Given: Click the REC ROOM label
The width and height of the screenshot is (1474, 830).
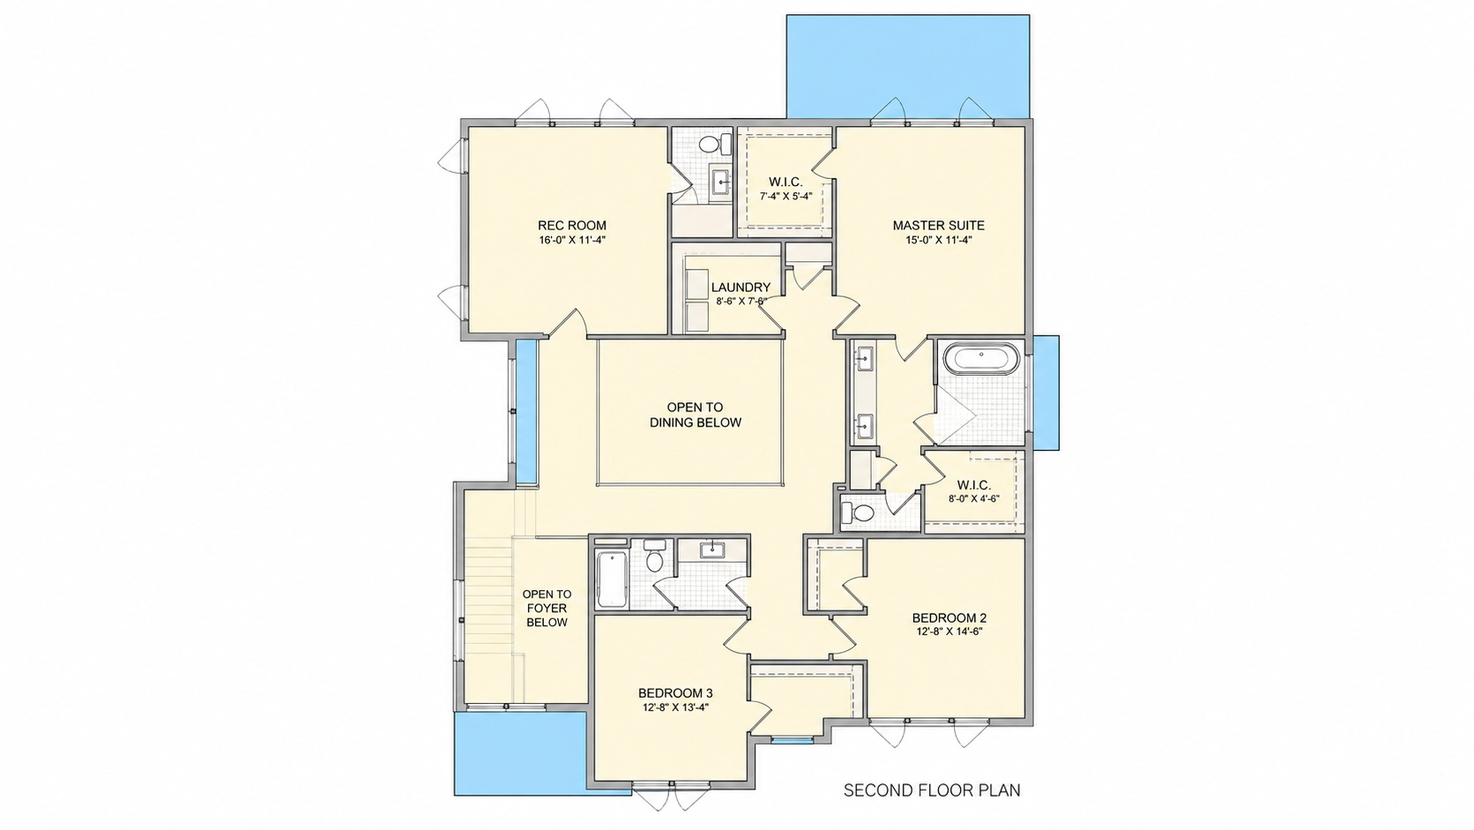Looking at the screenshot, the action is pyautogui.click(x=572, y=226).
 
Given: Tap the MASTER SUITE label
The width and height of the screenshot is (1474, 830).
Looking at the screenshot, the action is pyautogui.click(x=938, y=226).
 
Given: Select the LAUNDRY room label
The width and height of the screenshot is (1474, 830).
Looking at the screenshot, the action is pyautogui.click(x=741, y=288).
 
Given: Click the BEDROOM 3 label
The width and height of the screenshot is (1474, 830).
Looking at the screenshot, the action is pyautogui.click(x=675, y=693).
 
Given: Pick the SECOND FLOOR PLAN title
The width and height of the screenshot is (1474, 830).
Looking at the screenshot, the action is pyautogui.click(x=932, y=789).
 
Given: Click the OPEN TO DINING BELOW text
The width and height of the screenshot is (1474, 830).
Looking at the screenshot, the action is pyautogui.click(x=696, y=415).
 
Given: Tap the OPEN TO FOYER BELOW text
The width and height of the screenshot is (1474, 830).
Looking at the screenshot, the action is pyautogui.click(x=547, y=609).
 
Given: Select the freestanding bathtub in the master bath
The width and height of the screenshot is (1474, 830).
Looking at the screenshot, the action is pyautogui.click(x=981, y=358).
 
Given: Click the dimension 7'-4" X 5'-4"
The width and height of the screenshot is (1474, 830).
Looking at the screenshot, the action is pyautogui.click(x=785, y=196).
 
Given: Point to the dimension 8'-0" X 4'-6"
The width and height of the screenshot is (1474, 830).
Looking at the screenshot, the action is pyautogui.click(x=974, y=499).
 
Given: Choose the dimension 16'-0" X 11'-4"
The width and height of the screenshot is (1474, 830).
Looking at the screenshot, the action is pyautogui.click(x=572, y=240).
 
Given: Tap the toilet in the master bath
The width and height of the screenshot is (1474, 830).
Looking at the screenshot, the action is pyautogui.click(x=858, y=512).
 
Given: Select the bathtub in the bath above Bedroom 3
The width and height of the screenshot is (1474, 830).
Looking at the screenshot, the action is pyautogui.click(x=611, y=579).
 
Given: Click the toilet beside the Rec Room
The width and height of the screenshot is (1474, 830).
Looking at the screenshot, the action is pyautogui.click(x=715, y=144).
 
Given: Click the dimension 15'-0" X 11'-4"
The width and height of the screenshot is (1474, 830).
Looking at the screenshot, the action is pyautogui.click(x=938, y=240).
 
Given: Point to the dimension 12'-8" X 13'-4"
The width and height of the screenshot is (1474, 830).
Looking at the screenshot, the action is pyautogui.click(x=675, y=707).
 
